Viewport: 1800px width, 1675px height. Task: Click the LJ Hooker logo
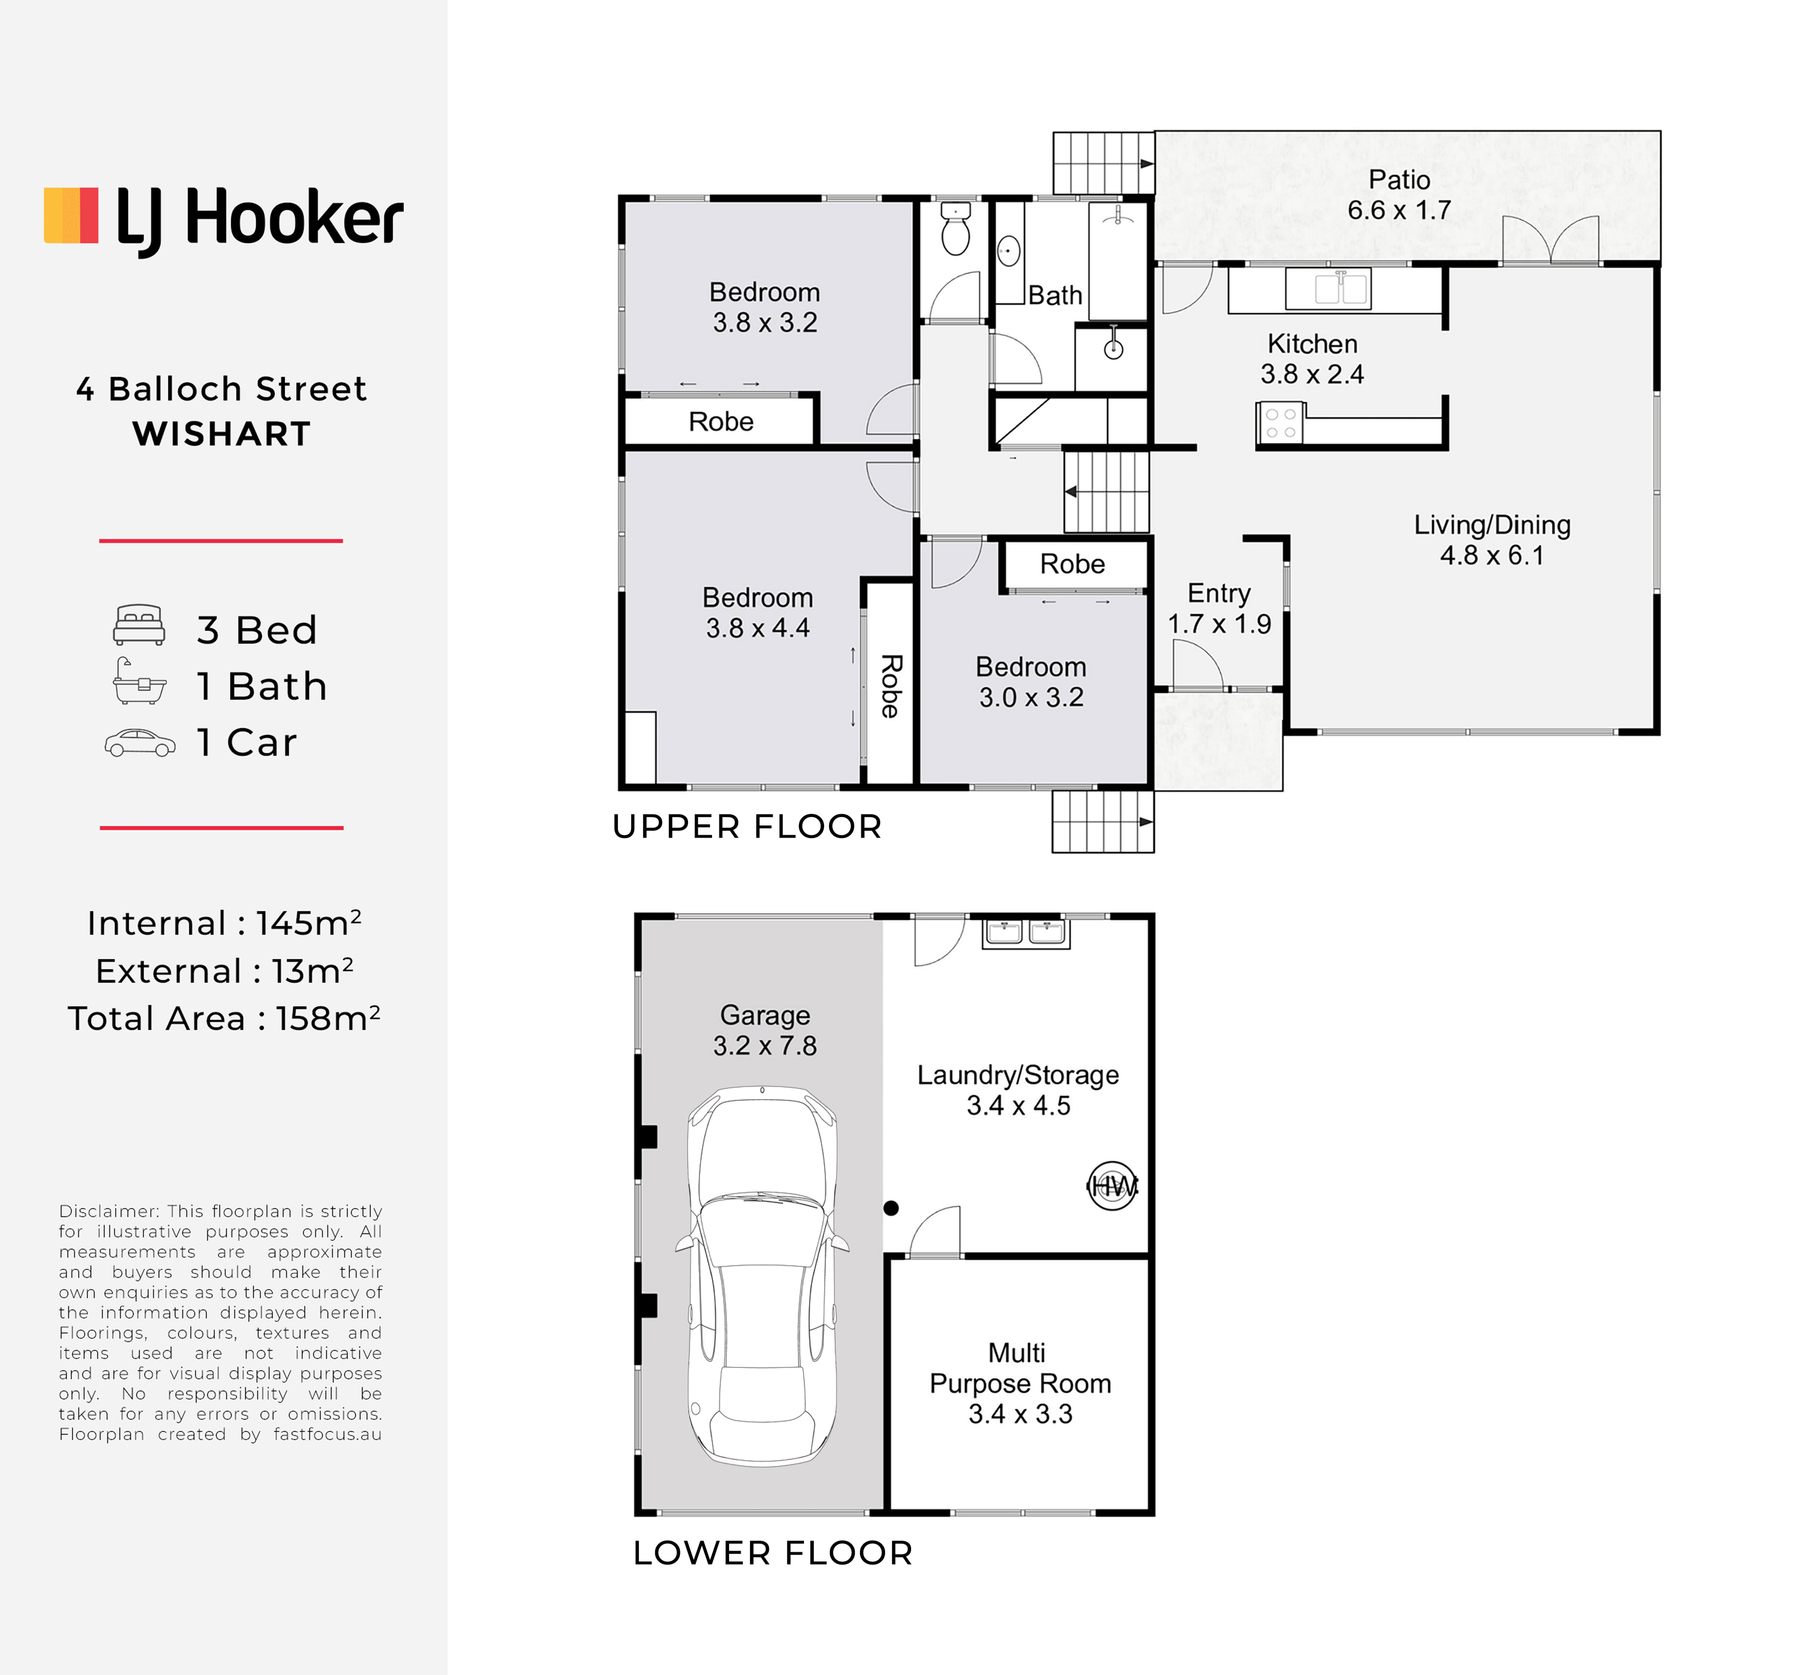[224, 220]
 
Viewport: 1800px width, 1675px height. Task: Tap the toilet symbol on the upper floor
[955, 229]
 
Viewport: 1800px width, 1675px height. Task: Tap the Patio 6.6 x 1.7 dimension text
[1399, 210]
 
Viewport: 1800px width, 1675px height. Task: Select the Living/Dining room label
[1492, 525]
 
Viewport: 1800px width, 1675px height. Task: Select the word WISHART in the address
[222, 434]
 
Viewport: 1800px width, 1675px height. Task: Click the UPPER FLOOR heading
[747, 827]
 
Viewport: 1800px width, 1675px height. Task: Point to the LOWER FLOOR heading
[772, 1554]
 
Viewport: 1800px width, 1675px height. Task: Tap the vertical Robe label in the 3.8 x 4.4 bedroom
[891, 686]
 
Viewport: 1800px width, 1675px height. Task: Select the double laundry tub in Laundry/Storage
[1026, 933]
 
